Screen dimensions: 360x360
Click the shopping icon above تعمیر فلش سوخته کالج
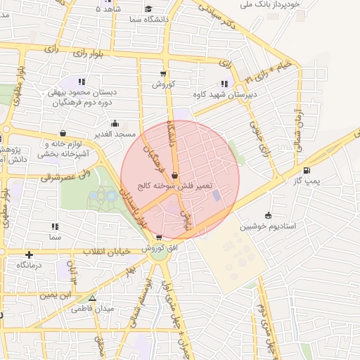[174, 175]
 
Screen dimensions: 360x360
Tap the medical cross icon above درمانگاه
[29, 254]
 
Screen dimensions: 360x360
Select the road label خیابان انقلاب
[104, 251]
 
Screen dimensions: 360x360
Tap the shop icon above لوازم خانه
[63, 133]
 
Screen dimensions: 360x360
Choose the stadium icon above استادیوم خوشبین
[268, 215]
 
